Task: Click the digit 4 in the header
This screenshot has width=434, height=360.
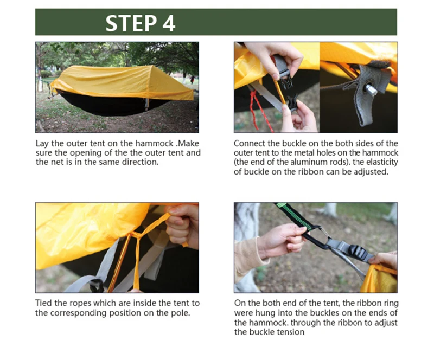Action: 169,23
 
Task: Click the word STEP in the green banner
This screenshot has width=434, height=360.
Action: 131,23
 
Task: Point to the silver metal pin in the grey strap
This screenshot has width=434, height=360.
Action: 371,89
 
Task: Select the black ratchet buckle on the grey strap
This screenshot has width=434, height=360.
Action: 356,252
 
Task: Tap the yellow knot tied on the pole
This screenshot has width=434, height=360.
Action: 136,235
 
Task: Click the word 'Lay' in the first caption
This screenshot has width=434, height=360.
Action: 42,144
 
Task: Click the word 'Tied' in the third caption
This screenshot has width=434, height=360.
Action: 44,303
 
